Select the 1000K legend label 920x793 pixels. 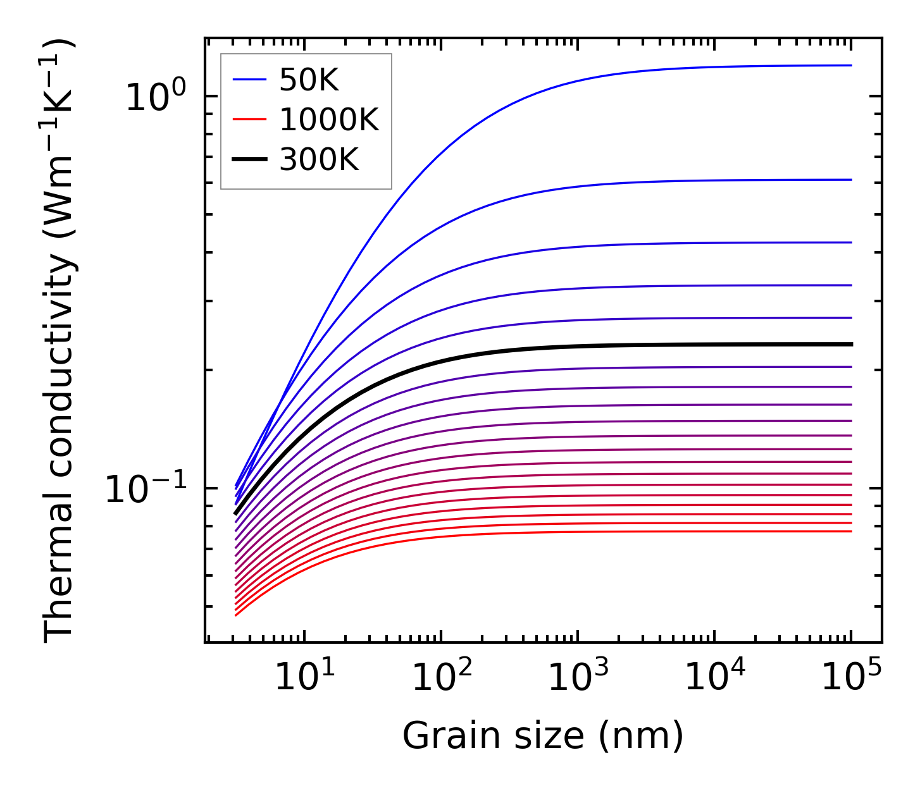click(329, 120)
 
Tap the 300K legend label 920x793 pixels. click(319, 161)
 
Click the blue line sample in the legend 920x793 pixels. click(249, 80)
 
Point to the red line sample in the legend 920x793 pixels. click(249, 120)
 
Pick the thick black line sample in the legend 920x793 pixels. click(249, 161)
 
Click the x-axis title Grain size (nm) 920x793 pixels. click(543, 736)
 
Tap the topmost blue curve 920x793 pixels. click(569, 85)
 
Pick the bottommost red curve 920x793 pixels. click(569, 532)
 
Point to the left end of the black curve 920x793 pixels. click(235, 514)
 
